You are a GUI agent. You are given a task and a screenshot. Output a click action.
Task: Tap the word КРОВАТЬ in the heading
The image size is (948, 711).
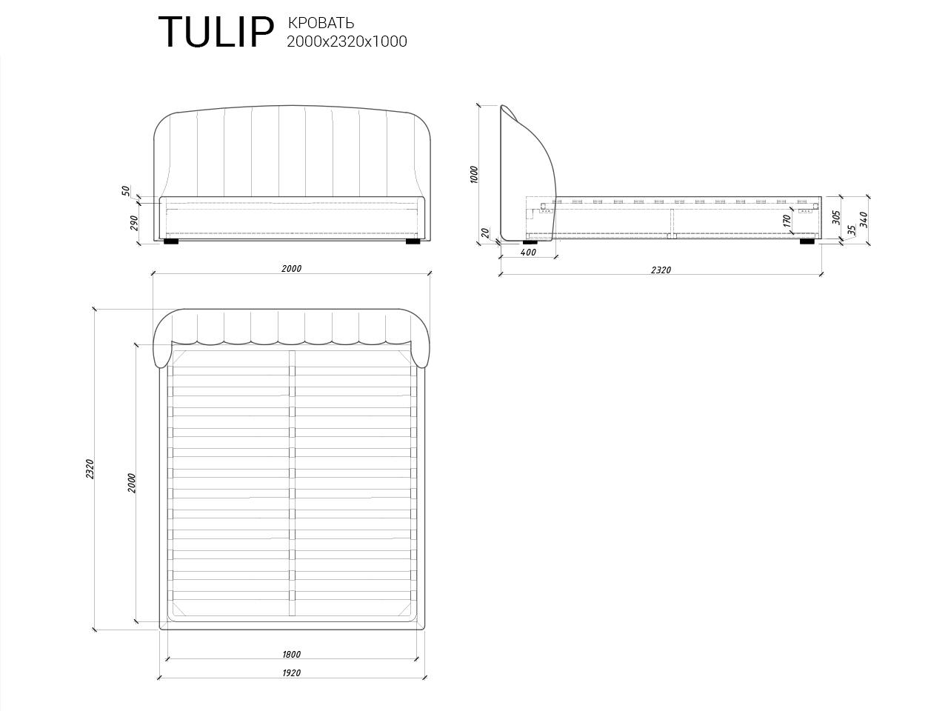pos(320,23)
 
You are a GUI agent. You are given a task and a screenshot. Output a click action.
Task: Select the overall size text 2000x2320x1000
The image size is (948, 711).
pos(347,42)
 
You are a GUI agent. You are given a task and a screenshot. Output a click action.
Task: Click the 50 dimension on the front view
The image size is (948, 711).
pos(127,191)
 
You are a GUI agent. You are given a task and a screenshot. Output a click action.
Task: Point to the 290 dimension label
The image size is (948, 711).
pos(135,222)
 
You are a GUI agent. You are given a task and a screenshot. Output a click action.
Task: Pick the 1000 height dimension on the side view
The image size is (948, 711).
pos(474,174)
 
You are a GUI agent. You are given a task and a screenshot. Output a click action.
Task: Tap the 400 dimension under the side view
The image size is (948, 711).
pos(528,253)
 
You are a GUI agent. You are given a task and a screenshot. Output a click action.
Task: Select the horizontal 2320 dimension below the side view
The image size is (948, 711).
pos(661,270)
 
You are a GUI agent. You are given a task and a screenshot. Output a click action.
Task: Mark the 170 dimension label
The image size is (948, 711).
pos(787,220)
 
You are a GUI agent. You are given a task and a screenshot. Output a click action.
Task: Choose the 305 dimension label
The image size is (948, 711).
pos(835,217)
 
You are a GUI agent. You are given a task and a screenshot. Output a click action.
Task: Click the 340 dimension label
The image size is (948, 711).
pos(863,219)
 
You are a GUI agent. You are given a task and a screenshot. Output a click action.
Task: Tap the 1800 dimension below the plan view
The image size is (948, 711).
pos(291,654)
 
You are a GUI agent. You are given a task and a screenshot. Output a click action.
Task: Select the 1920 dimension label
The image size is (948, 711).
pos(291,672)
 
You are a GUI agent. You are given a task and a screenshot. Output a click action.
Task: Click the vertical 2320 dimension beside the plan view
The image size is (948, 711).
pos(90,469)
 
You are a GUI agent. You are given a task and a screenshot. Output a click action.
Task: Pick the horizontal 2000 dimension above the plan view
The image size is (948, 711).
pos(291,269)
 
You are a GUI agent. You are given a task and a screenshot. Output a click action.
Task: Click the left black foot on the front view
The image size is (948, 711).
pos(171,241)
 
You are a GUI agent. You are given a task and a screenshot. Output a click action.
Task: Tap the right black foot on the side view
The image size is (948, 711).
pos(807,241)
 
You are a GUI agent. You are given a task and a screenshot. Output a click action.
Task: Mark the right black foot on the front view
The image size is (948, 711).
pos(413,241)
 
